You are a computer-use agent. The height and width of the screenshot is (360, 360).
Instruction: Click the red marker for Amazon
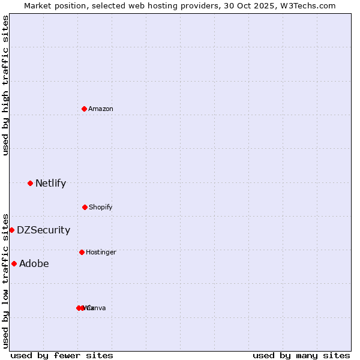tap(85, 109)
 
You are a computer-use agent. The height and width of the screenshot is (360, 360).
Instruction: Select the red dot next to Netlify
tap(30, 183)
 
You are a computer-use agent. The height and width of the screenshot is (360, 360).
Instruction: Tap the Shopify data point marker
tap(85, 207)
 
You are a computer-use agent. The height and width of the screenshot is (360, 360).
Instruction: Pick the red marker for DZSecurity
tap(11, 230)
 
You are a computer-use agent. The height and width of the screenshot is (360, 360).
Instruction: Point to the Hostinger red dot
tap(82, 252)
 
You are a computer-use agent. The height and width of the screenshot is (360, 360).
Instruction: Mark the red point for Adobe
tap(14, 263)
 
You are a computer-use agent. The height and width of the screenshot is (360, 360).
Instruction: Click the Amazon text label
tap(101, 109)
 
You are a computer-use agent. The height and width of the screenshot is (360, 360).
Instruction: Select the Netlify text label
tap(50, 183)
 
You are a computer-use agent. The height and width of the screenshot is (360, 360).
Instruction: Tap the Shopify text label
tap(101, 207)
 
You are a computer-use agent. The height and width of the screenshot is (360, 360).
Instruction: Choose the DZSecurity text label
tap(43, 230)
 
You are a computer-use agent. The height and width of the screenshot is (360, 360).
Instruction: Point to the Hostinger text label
tap(101, 252)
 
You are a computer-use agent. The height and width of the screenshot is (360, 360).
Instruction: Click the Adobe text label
tap(34, 263)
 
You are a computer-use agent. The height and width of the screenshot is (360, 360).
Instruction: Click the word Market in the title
tap(38, 5)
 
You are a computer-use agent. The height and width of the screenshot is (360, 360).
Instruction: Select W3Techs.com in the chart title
tap(309, 5)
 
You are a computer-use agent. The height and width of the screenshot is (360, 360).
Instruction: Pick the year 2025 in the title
tap(262, 5)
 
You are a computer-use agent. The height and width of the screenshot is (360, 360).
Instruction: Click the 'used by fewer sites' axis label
tap(62, 355)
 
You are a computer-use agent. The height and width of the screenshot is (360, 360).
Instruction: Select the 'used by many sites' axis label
tap(301, 355)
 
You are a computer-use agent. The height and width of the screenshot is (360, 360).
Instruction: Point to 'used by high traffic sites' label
tap(5, 85)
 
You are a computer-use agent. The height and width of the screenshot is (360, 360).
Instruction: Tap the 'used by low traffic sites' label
tap(5, 280)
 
